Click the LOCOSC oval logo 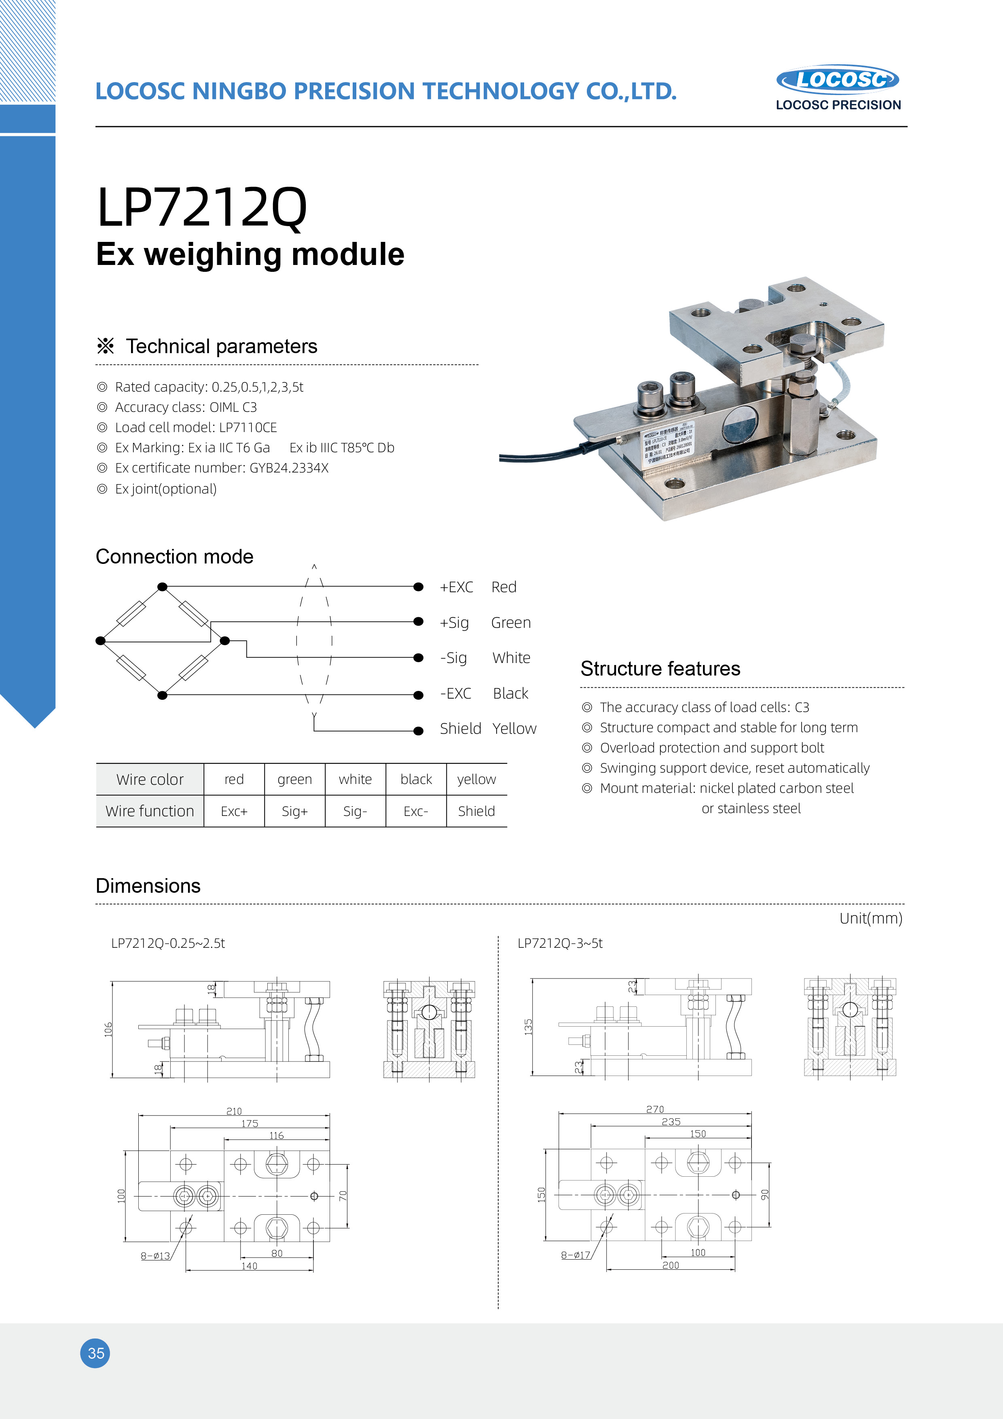[837, 80]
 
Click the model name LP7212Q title [201, 208]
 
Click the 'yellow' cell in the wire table [476, 779]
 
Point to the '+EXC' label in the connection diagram [456, 587]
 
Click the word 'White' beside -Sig [511, 658]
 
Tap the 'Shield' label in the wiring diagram [460, 729]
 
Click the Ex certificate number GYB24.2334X [289, 468]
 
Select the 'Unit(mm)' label [870, 918]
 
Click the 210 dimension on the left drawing [234, 1111]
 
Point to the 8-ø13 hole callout [155, 1256]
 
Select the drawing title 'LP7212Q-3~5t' [559, 943]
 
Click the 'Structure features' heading [660, 669]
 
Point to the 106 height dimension [108, 1029]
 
